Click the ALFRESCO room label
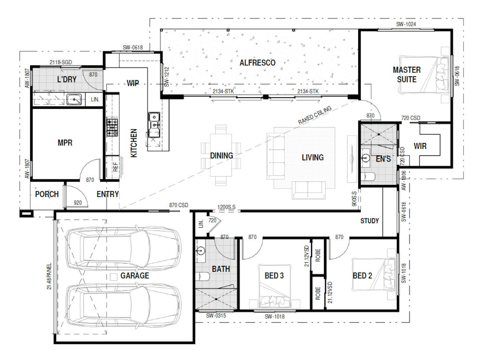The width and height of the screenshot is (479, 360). (257, 63)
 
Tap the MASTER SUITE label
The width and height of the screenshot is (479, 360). (406, 75)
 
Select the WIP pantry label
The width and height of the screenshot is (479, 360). (133, 83)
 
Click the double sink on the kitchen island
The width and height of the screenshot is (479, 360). (154, 124)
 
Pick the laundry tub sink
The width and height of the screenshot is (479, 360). (74, 100)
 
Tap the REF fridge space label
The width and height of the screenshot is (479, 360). (115, 167)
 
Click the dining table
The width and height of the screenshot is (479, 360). (221, 155)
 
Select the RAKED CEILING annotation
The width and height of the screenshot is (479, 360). (315, 115)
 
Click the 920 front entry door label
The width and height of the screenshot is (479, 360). (78, 203)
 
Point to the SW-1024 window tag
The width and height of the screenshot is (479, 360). (406, 24)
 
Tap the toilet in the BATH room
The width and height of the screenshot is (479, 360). (202, 277)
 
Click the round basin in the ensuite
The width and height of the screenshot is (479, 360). (365, 157)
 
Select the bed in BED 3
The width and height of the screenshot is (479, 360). (274, 286)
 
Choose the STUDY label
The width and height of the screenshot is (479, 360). (370, 221)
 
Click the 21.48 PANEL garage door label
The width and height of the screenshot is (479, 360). (49, 276)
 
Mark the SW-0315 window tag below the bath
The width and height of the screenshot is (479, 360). (216, 316)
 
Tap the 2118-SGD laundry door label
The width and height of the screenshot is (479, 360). (61, 62)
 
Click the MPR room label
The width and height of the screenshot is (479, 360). (65, 143)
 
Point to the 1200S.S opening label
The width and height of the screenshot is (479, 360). (226, 207)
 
